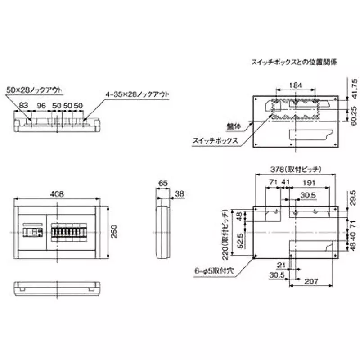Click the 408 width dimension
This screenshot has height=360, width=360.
(x=57, y=194)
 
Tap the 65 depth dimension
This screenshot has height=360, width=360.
(x=162, y=184)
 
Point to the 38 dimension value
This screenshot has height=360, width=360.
(x=179, y=193)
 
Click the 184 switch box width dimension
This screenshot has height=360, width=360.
(x=295, y=85)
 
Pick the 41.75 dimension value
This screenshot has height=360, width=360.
(x=354, y=88)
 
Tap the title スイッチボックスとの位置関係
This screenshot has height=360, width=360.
(x=295, y=62)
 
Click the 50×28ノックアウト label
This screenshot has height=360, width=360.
(x=34, y=90)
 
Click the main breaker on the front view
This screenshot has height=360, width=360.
(x=33, y=232)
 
